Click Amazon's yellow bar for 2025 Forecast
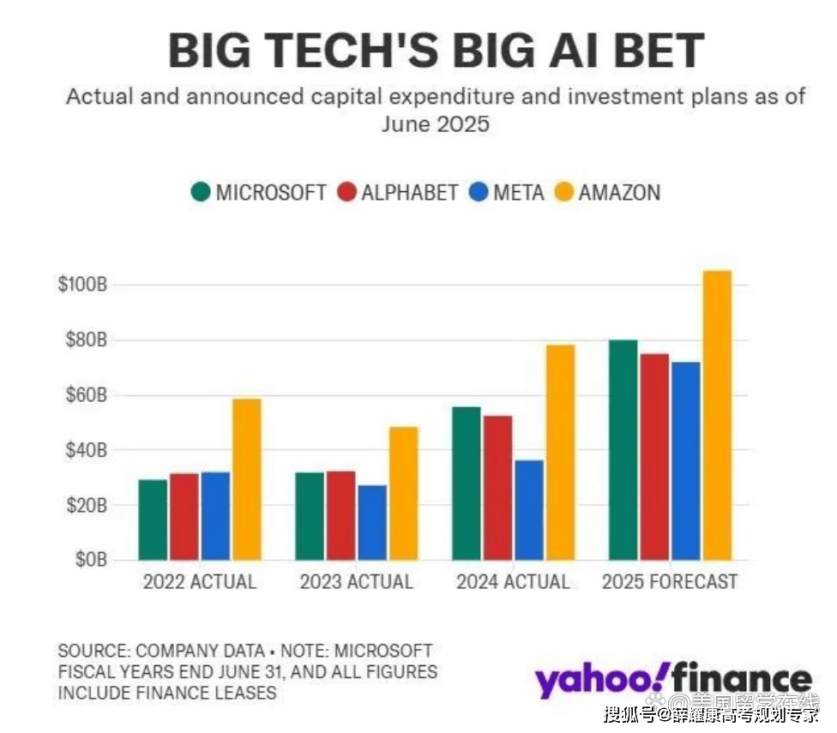[x=717, y=416]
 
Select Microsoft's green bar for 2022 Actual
[x=153, y=520]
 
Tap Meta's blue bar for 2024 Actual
[x=529, y=510]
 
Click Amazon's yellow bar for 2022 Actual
[x=246, y=480]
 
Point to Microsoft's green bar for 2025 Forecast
[x=623, y=450]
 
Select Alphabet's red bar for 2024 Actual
[x=497, y=488]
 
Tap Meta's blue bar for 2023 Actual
[x=372, y=523]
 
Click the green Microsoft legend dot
[x=201, y=192]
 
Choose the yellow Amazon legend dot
[x=563, y=192]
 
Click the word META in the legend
[x=518, y=192]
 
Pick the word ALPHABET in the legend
[x=409, y=192]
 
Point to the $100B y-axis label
[x=81, y=285]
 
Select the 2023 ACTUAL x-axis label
[x=356, y=582]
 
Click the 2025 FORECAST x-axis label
[x=669, y=582]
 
